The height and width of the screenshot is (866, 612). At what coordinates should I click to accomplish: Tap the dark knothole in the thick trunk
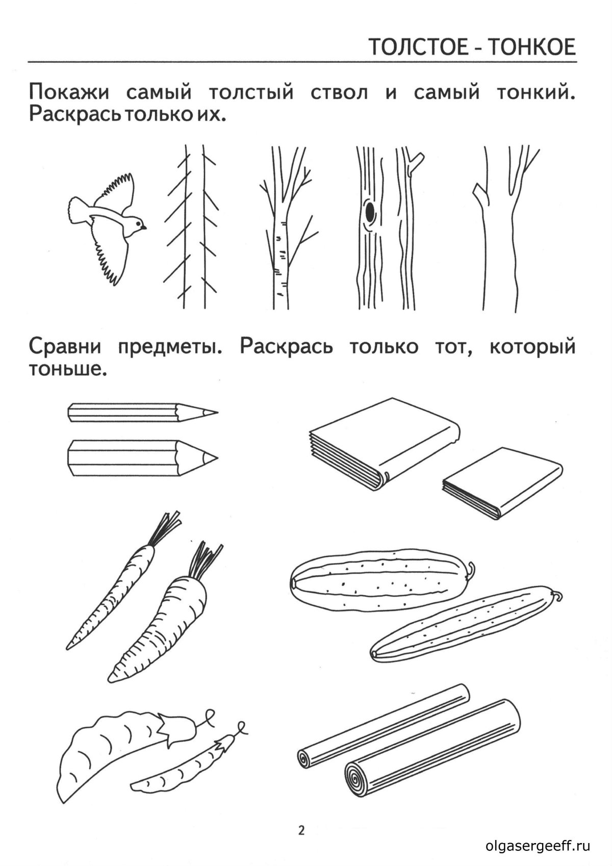tap(370, 212)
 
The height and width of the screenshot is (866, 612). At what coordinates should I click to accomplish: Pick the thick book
tap(382, 449)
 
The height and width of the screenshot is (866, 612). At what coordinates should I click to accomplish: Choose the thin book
tap(502, 482)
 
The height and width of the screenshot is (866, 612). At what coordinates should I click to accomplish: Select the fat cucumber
tap(380, 581)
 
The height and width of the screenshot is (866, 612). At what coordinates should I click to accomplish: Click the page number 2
tap(301, 831)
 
